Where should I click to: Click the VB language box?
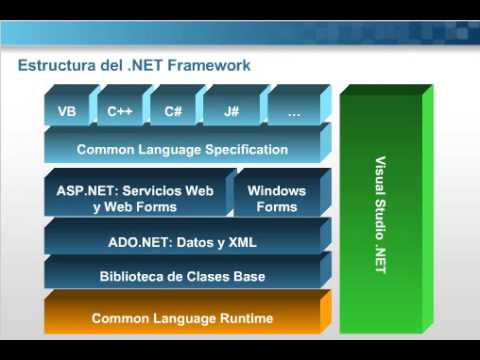pos(68,113)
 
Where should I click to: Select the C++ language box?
pos(120,113)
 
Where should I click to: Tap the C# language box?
pos(173,113)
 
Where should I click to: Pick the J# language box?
pos(231,113)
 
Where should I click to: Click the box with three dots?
pos(293,113)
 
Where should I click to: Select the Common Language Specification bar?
pos(182,150)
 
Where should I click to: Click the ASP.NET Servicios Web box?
pos(135,198)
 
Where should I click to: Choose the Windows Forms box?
pos(277,198)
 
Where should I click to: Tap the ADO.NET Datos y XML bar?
pos(182,241)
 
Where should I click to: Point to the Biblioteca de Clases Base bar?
pos(182,277)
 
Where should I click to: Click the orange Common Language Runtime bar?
pos(182,318)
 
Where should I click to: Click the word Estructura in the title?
pos(55,66)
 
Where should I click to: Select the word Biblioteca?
pos(131,277)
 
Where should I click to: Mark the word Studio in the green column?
pos(380,210)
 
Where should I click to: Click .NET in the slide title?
pos(145,66)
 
